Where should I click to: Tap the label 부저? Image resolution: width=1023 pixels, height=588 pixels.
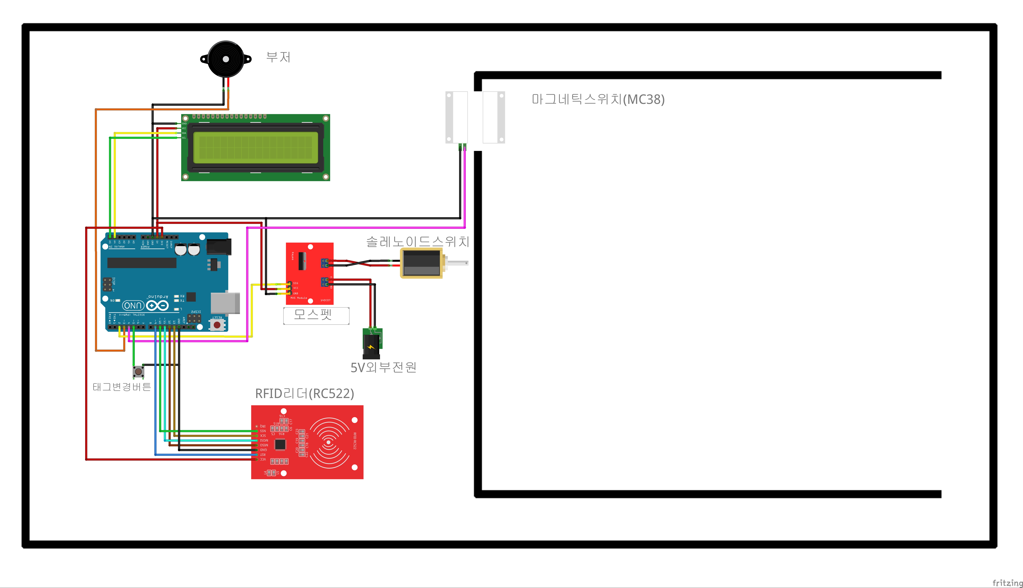click(x=278, y=57)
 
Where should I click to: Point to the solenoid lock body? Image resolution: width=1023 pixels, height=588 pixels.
click(x=421, y=263)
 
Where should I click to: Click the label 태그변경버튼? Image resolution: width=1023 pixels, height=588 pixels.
click(x=121, y=387)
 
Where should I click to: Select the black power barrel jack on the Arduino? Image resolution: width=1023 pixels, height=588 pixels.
click(x=219, y=246)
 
